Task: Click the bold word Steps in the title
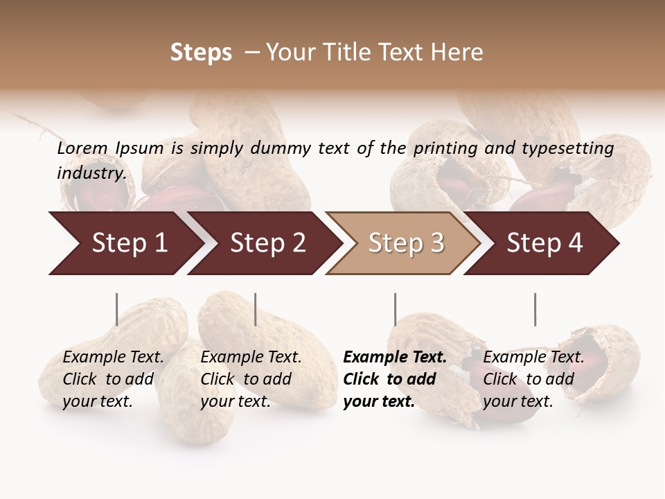click(201, 53)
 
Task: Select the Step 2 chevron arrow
click(267, 243)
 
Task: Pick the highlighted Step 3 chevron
click(406, 243)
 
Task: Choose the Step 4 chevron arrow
click(544, 243)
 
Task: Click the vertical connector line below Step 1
click(117, 309)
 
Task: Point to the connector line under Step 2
click(256, 309)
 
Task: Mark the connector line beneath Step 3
click(395, 309)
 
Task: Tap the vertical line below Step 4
click(535, 309)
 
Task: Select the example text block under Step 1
click(113, 378)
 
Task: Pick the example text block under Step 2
click(251, 378)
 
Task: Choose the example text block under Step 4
click(533, 378)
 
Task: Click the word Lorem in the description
click(82, 148)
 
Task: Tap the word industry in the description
click(91, 173)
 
